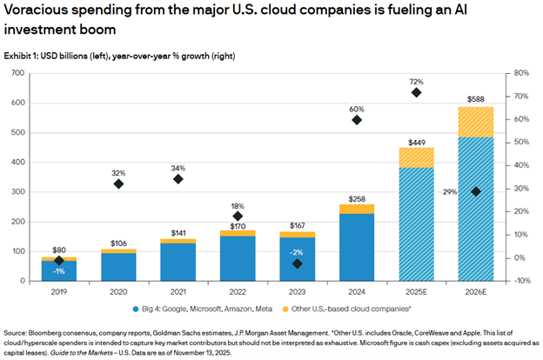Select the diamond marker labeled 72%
click(416, 92)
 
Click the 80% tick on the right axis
click(520, 73)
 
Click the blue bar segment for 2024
click(357, 247)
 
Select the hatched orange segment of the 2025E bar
click(416, 157)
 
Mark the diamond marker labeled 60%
click(357, 120)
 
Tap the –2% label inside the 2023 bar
click(297, 250)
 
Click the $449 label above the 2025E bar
click(417, 141)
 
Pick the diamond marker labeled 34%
click(178, 179)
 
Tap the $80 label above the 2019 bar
click(59, 250)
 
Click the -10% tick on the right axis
click(520, 281)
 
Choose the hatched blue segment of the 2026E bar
click(476, 209)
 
